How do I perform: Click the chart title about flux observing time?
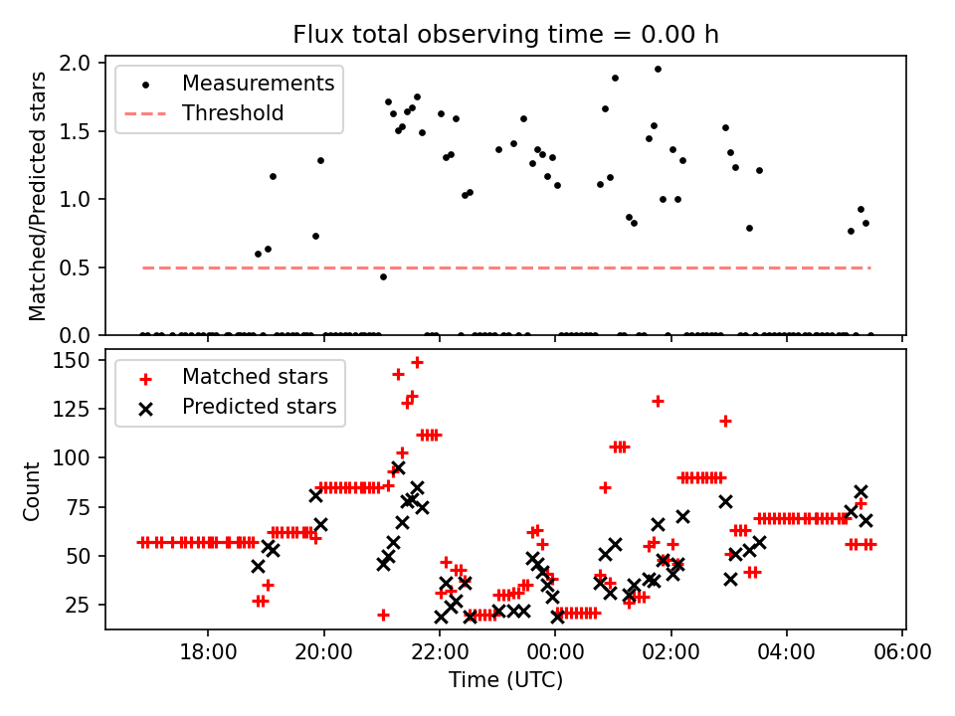point(505,35)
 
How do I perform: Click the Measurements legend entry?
point(258,84)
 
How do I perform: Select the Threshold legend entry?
point(233,113)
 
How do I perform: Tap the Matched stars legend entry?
point(255,377)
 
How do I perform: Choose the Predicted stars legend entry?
point(259,407)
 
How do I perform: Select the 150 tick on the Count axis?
point(76,360)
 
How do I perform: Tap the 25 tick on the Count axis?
point(80,605)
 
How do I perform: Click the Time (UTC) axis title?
point(505,681)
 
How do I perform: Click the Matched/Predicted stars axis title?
point(38,197)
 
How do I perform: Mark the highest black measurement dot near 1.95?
point(658,69)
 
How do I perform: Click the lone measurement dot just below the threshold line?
point(383,276)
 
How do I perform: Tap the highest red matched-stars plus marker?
point(417,362)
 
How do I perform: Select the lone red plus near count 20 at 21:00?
point(383,615)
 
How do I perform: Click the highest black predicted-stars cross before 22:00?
point(398,467)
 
